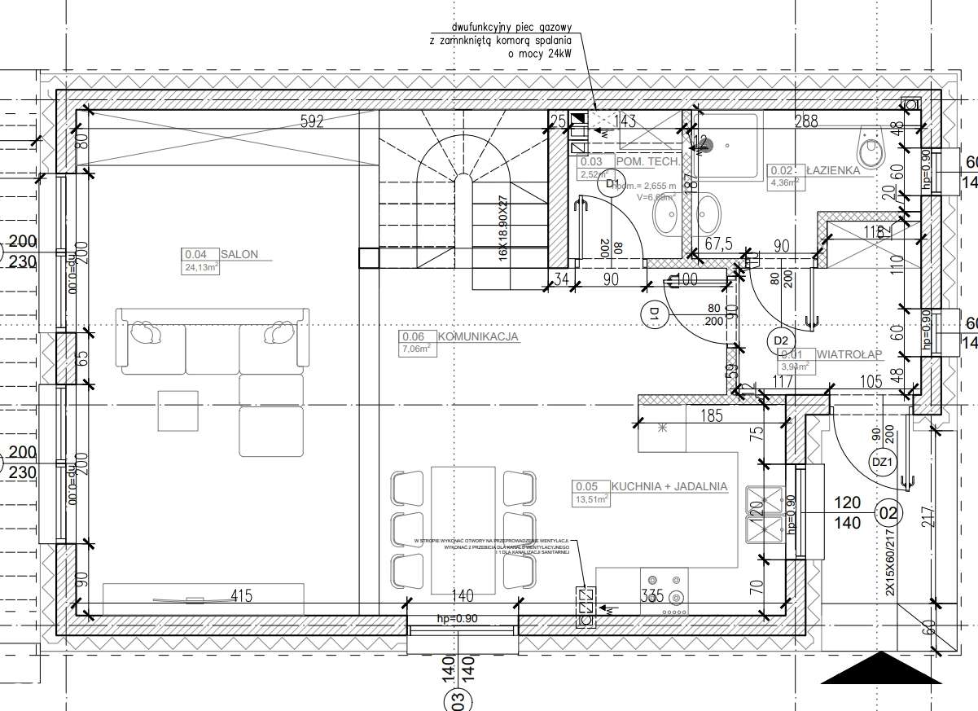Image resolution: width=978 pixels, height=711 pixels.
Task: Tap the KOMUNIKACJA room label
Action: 478,336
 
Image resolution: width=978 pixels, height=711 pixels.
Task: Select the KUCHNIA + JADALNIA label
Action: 669,486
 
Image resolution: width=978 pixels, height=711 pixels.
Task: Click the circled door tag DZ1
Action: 882,462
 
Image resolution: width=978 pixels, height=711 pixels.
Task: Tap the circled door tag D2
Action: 781,340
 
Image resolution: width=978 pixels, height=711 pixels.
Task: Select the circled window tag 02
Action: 888,513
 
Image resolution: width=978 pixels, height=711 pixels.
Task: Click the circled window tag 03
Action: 457,698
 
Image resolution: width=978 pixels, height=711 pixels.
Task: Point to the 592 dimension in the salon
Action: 312,122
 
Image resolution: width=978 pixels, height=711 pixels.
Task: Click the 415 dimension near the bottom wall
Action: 240,596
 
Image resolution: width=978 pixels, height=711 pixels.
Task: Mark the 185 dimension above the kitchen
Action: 711,417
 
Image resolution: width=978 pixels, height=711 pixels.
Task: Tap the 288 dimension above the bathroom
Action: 806,122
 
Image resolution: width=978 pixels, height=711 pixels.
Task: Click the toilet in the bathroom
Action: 871,150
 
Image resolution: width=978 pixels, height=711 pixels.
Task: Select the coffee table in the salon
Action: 178,411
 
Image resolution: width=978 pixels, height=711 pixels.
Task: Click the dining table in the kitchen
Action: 463,529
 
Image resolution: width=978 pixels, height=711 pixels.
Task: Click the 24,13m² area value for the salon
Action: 201,267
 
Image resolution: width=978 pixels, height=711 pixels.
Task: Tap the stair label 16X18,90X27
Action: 502,229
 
